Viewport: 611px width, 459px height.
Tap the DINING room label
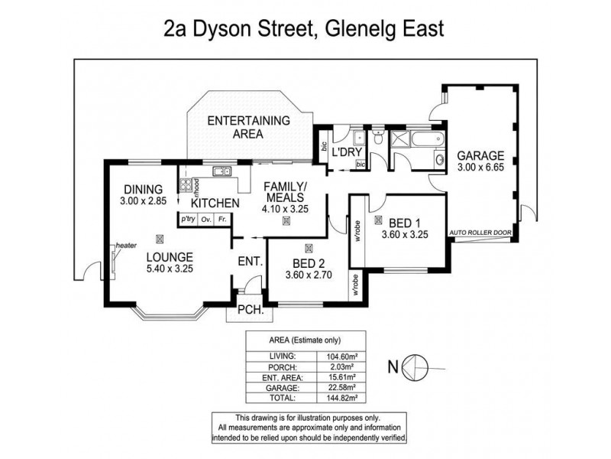141,190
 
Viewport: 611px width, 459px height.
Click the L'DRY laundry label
346,153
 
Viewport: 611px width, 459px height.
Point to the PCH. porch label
251,311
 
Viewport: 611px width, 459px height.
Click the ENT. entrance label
251,262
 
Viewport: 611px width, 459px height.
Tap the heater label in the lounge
125,246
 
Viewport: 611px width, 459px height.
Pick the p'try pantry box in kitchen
188,220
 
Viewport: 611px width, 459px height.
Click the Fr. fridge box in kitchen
222,220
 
